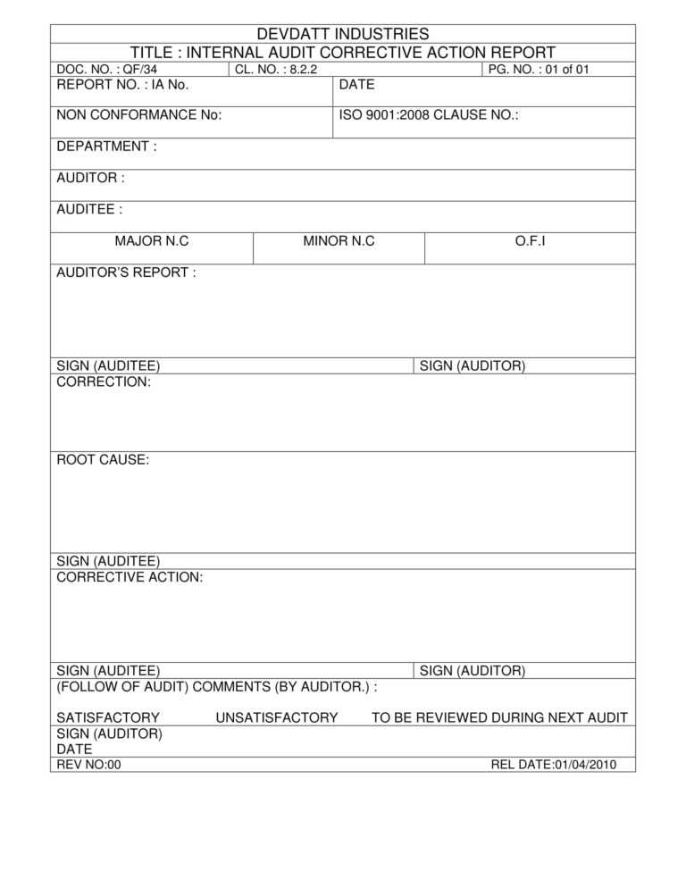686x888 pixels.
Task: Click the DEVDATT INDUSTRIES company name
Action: tap(343, 34)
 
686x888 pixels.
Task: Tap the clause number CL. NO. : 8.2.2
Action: tap(276, 69)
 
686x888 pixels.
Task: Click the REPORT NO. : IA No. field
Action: tap(122, 85)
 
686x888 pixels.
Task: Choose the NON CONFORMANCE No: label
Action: tap(138, 115)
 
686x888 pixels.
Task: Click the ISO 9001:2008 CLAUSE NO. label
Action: tap(429, 115)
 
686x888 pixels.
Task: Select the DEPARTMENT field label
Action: tap(106, 147)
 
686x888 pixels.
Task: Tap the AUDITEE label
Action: tap(89, 209)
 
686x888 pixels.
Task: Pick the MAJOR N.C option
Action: tap(152, 241)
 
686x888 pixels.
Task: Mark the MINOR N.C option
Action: tap(339, 241)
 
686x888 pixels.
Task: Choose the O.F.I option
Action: tap(530, 241)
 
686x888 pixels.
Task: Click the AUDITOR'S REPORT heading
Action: tap(126, 272)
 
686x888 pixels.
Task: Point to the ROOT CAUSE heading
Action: tap(103, 460)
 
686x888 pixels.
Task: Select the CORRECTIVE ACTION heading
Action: tap(130, 577)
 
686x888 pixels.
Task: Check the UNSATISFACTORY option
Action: tap(277, 717)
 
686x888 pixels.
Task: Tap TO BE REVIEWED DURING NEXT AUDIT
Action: tap(499, 717)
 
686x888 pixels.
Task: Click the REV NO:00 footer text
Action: tap(88, 765)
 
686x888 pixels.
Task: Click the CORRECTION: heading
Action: tap(104, 381)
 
